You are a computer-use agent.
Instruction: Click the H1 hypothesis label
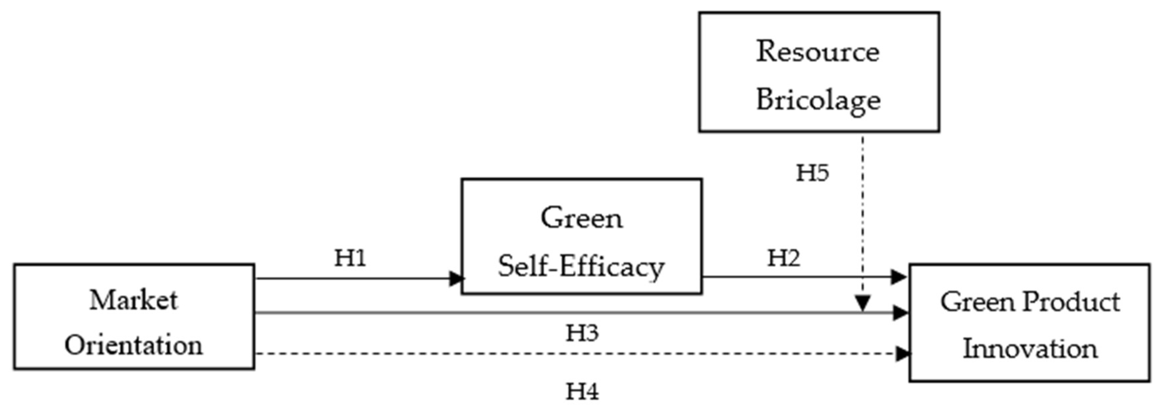(350, 259)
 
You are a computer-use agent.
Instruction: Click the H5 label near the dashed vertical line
(812, 173)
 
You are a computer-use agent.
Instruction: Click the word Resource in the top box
(818, 52)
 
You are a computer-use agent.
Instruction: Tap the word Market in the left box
(134, 300)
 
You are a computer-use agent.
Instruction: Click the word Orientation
(134, 346)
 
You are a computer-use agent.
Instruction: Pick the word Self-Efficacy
(581, 267)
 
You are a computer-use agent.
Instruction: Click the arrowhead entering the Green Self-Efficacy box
(457, 278)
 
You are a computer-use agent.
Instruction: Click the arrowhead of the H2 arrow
(898, 277)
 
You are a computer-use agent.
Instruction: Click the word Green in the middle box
(582, 218)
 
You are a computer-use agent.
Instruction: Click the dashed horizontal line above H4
(542, 354)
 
